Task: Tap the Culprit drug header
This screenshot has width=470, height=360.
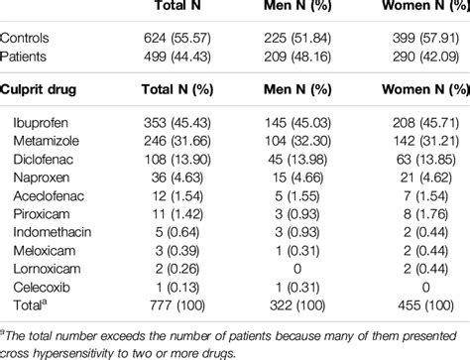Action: [x=42, y=89]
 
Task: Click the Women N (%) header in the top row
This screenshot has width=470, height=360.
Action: [x=421, y=8]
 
